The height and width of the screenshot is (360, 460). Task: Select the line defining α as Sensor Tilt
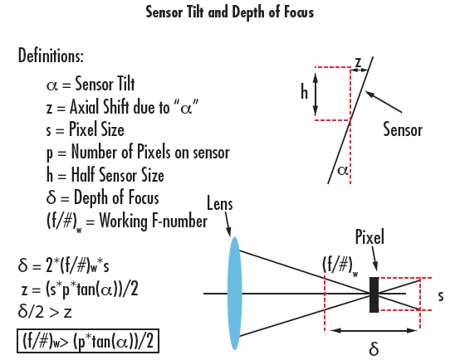pos(97,84)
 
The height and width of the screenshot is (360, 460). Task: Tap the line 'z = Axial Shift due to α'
pos(122,107)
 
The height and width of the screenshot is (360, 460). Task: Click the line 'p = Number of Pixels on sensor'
pos(138,153)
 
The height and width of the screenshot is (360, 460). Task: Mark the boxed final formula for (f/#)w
pos(89,340)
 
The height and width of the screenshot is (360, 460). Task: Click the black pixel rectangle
pos(374,294)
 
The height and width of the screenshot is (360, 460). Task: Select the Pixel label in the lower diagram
pos(369,238)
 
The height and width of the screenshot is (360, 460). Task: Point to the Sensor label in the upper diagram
pos(403,129)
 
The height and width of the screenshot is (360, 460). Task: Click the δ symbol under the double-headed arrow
pos(373,349)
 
